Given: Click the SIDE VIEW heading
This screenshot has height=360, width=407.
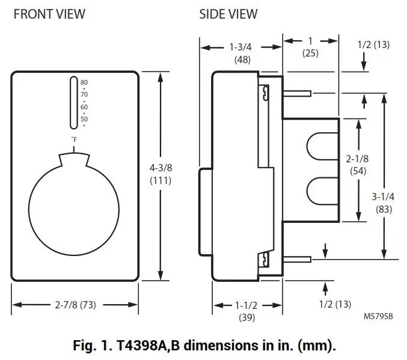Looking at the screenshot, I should (228, 13).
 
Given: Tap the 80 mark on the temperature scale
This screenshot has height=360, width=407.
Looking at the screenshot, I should (84, 82).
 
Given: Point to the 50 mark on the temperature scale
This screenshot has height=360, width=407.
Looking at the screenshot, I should (84, 119).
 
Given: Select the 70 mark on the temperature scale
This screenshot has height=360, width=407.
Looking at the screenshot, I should (84, 94).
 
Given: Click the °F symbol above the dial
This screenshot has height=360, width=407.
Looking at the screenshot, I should (74, 139).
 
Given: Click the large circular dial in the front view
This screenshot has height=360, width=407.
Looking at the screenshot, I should (74, 203).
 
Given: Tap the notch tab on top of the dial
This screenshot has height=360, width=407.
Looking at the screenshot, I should (74, 160).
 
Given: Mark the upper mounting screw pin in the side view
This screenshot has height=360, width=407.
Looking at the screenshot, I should (296, 93).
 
